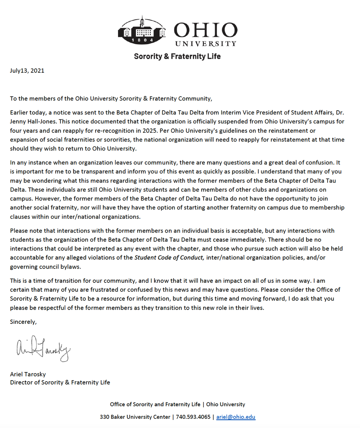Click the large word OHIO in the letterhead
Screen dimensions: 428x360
205,31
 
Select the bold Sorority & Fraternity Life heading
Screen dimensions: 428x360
177,56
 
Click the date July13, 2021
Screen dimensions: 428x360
27,71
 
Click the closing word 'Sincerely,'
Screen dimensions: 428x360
23,322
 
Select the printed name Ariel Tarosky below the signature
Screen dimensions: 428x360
28,374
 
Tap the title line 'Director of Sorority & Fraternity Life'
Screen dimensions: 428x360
60,382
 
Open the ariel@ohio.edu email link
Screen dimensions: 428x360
236,417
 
